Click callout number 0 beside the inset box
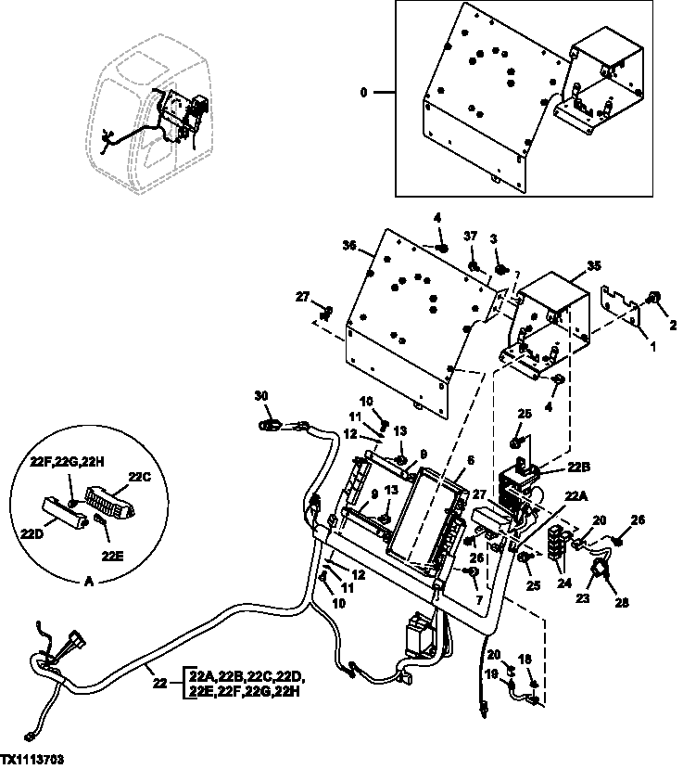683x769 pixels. coord(363,93)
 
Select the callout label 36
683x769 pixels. coord(349,247)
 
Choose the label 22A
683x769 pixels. coord(576,495)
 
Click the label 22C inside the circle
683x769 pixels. coord(139,477)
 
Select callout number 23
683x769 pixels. coord(583,598)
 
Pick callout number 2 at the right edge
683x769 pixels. coord(673,326)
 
